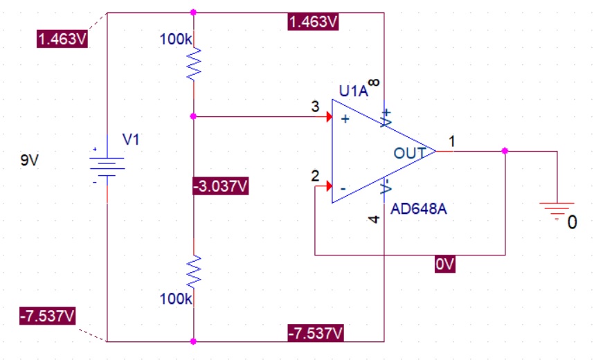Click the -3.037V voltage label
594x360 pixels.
[221, 186]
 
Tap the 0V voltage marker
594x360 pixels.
[445, 264]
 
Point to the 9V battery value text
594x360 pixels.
[30, 161]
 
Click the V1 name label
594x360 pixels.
[131, 139]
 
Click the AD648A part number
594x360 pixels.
[418, 209]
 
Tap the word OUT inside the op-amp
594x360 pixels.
[409, 152]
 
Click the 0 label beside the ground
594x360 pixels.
[572, 223]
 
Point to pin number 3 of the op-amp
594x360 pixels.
[315, 107]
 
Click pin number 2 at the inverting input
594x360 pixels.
[316, 176]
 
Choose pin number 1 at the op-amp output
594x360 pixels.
[452, 141]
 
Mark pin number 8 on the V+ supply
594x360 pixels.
[374, 82]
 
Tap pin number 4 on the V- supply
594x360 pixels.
[374, 219]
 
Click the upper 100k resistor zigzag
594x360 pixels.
[194, 64]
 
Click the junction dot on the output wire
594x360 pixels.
[505, 150]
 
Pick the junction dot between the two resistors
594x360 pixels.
[194, 116]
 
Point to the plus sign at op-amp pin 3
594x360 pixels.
[345, 119]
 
